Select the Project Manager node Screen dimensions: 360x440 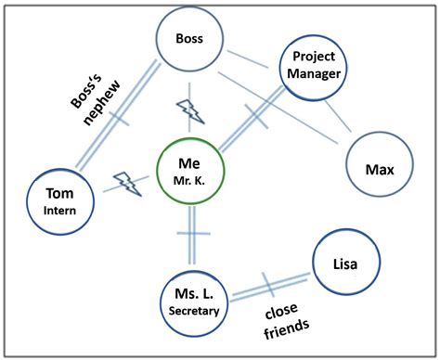pos(313,68)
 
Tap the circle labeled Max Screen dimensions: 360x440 pos(376,170)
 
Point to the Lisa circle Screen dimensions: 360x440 pos(345,264)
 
